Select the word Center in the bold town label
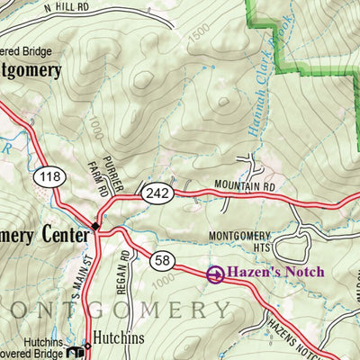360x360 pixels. (x=60, y=234)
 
